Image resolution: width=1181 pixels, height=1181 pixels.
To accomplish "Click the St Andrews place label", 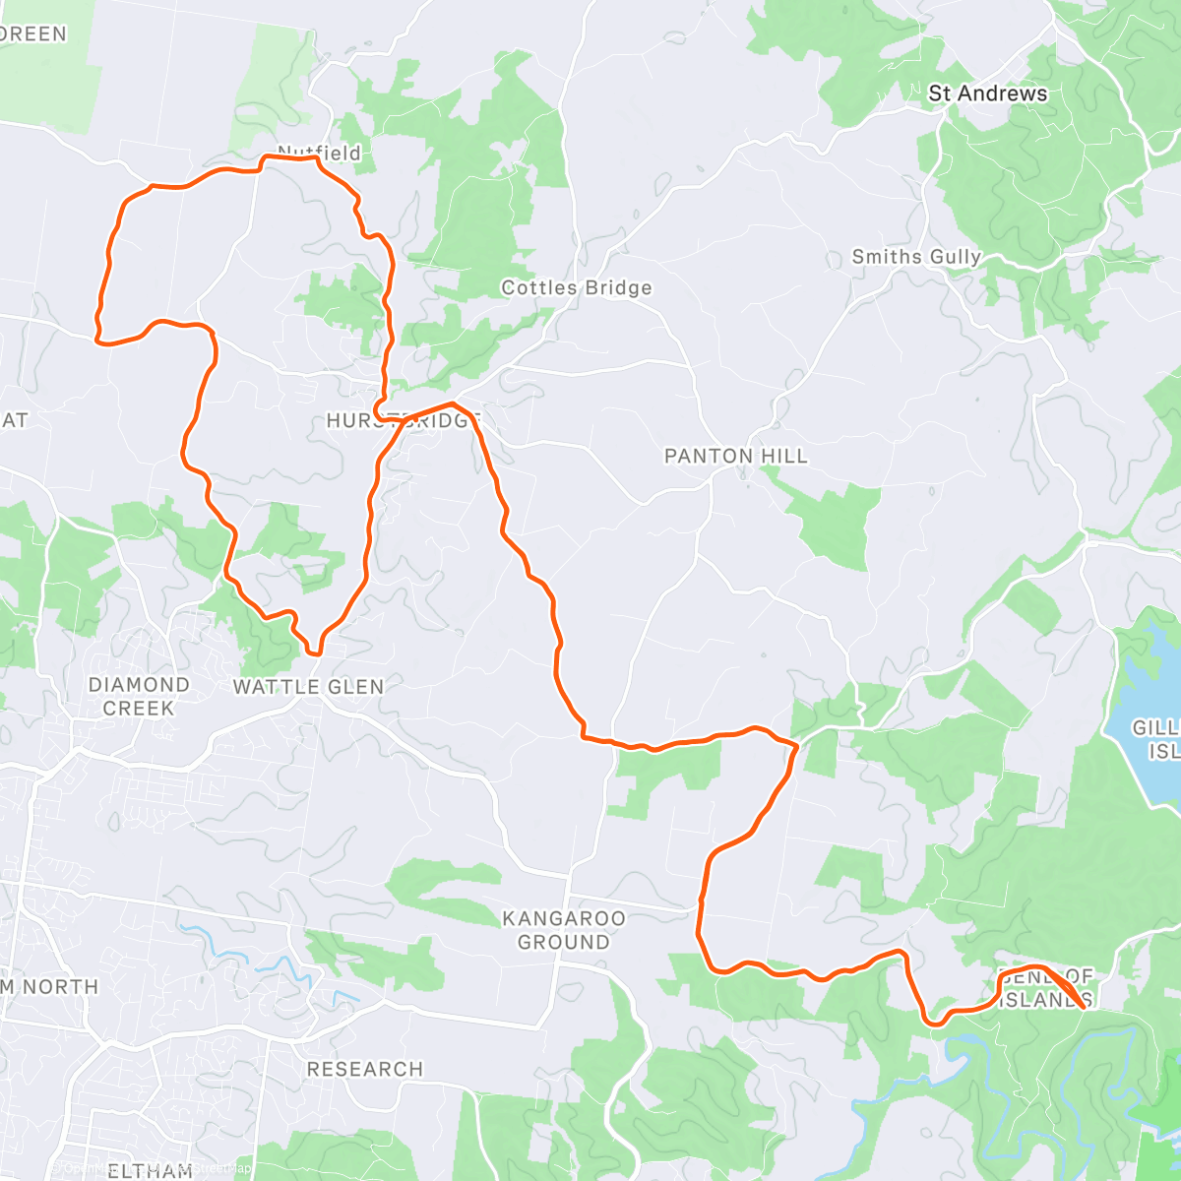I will pos(987,93).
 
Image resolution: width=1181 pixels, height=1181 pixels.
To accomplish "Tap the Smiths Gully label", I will pos(916,257).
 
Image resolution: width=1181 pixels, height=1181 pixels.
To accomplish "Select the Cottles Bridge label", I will pos(576,287).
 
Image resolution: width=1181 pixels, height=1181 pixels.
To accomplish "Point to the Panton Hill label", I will pos(735,456).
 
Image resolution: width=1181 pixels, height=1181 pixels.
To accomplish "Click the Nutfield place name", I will pos(319,153).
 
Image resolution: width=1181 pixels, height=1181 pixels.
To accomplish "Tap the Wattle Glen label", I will pos(308,686).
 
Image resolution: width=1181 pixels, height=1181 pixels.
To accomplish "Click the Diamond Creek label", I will pos(139,696).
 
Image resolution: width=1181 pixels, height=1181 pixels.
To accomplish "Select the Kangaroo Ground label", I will pos(563,930).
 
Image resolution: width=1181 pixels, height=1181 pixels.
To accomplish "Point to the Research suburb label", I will pos(364,1069).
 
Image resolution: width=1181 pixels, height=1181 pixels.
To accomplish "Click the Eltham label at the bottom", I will pos(150,1170).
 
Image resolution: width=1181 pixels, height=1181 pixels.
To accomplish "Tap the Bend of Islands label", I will pos(1045,988).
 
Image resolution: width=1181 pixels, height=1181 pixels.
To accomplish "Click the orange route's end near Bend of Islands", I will pos(1085,1007).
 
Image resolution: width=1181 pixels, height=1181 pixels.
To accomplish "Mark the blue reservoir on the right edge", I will pos(1147,709).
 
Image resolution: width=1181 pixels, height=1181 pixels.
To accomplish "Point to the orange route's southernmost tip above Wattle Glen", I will pos(315,651).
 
